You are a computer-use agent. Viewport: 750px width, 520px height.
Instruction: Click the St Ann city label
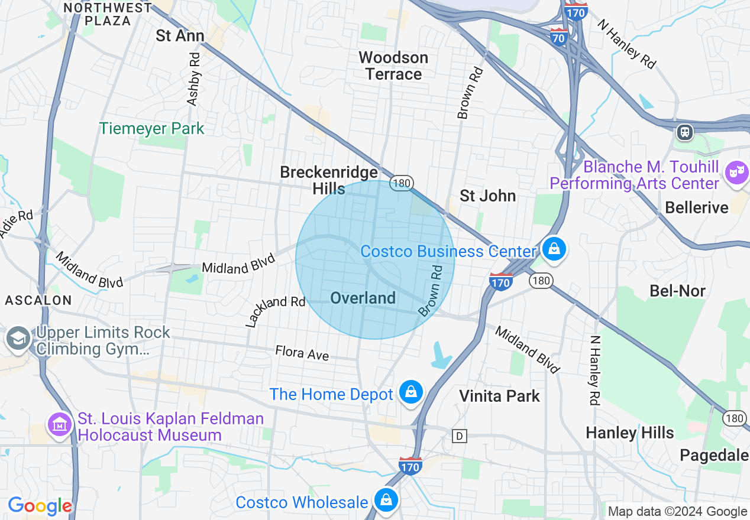[180, 35]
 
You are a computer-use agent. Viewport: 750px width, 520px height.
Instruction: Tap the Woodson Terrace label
[393, 66]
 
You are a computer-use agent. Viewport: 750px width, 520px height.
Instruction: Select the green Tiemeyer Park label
[152, 128]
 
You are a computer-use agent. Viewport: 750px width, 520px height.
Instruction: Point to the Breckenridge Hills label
[329, 180]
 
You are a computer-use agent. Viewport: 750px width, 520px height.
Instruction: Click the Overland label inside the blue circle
[363, 298]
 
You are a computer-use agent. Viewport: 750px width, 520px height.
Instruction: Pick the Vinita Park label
[500, 395]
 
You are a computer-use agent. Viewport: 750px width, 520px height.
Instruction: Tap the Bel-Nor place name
[677, 290]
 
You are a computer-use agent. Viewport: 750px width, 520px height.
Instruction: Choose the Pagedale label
[714, 455]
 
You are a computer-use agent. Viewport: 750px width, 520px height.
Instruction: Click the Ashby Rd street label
[194, 79]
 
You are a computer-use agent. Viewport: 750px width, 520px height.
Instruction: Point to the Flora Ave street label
[302, 353]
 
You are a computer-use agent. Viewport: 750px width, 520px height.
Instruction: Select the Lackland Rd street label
[275, 311]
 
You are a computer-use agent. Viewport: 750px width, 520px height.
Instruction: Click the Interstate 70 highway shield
[559, 37]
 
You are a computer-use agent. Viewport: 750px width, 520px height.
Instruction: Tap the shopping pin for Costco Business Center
[554, 249]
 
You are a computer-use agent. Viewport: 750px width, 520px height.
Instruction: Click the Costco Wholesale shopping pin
[386, 500]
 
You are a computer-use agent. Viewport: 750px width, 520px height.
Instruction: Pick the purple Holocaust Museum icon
[60, 425]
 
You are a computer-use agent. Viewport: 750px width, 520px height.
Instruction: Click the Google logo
[40, 506]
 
